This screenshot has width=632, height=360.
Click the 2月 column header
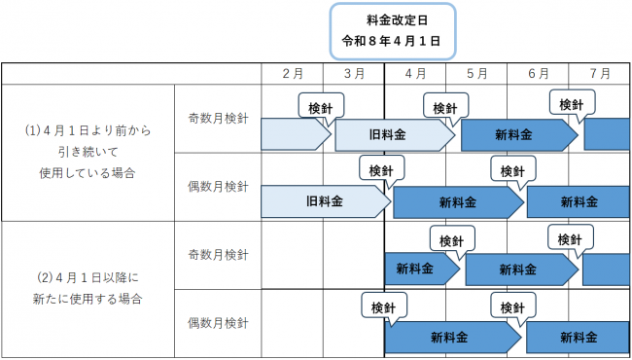293,73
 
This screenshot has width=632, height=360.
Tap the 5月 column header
476,73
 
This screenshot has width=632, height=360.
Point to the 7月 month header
599,73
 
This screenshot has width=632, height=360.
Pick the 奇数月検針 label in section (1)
219,118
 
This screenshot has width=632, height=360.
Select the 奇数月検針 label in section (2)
219,255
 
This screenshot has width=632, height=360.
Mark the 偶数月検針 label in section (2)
219,322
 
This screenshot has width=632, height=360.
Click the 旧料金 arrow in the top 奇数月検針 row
393,135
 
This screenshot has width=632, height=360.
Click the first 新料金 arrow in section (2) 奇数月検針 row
419,269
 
